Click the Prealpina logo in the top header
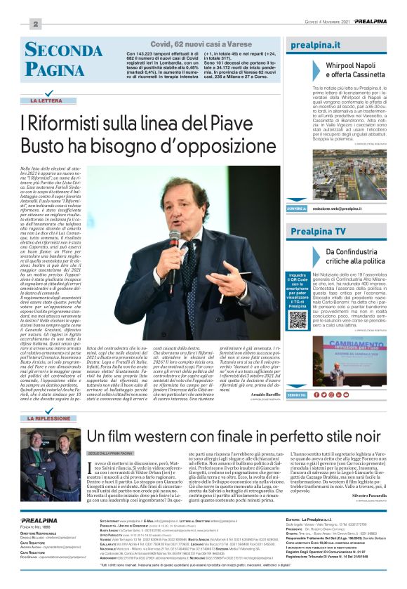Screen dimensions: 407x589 (368, 22)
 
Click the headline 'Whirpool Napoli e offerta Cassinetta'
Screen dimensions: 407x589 (356, 68)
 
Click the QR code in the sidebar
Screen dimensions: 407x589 (298, 317)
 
